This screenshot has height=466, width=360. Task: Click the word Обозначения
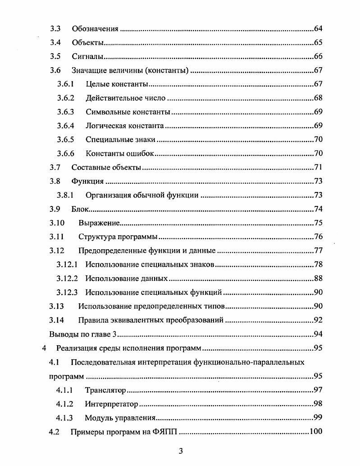point(95,29)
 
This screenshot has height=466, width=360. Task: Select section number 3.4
point(55,43)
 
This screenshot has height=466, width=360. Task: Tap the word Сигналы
point(88,57)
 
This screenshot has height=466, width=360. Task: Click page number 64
point(318,29)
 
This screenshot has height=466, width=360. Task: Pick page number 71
point(318,168)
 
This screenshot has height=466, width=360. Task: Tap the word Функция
point(88,182)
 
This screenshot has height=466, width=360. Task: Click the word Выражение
point(99,223)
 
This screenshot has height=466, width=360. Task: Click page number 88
point(318,279)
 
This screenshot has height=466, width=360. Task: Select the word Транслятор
point(105,390)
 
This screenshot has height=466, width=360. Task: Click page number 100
point(316,432)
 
